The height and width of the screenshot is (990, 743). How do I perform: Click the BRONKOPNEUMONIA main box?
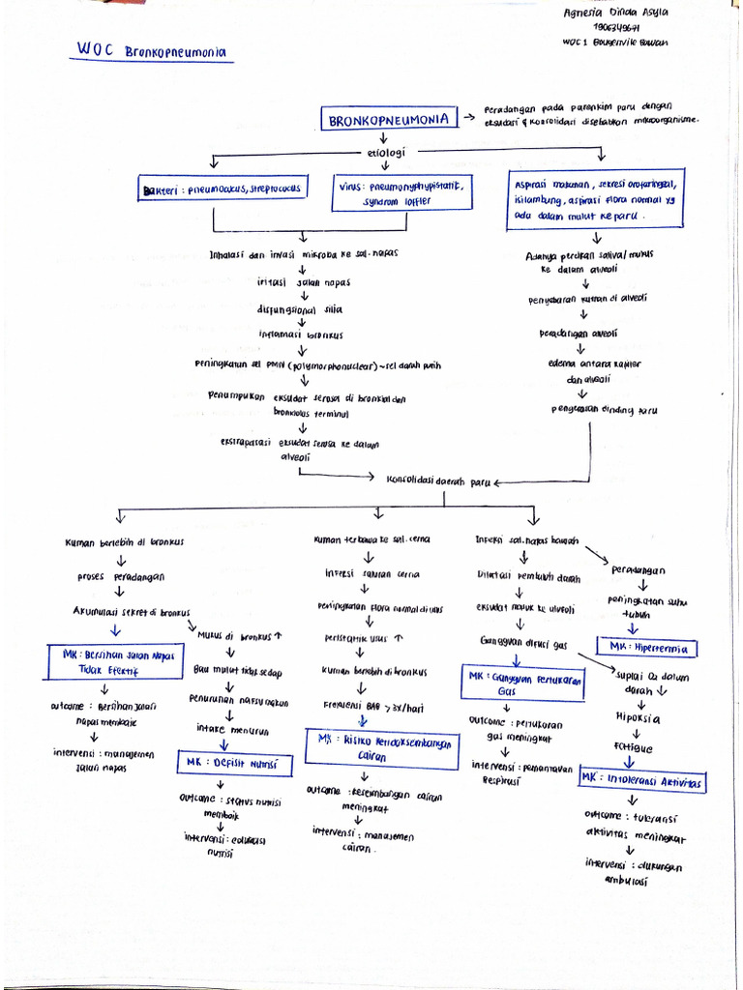pos(389,120)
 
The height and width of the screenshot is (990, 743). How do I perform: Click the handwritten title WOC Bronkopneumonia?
pos(154,50)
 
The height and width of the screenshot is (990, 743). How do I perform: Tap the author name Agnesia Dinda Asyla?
pos(615,13)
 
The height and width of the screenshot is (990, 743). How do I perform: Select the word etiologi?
pos(386,153)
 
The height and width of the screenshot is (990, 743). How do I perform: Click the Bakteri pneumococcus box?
pos(223,189)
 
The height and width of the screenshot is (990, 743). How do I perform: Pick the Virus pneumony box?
pos(402,193)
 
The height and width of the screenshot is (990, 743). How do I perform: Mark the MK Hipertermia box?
pos(648,647)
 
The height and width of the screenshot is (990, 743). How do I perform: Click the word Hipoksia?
pos(638,718)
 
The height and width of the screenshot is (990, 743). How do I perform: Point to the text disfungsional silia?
pos(299,309)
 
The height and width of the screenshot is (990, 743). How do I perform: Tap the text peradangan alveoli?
pos(578,334)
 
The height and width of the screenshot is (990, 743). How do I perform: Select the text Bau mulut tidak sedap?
pos(237,671)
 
